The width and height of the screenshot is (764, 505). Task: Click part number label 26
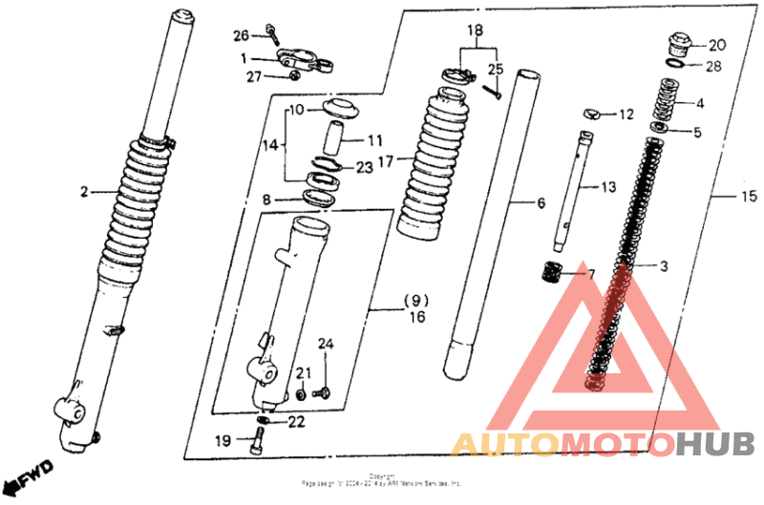pyautogui.click(x=241, y=36)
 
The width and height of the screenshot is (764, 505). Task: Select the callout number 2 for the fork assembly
pyautogui.click(x=85, y=192)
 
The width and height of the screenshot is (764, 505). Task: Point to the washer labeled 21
pyautogui.click(x=301, y=393)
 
